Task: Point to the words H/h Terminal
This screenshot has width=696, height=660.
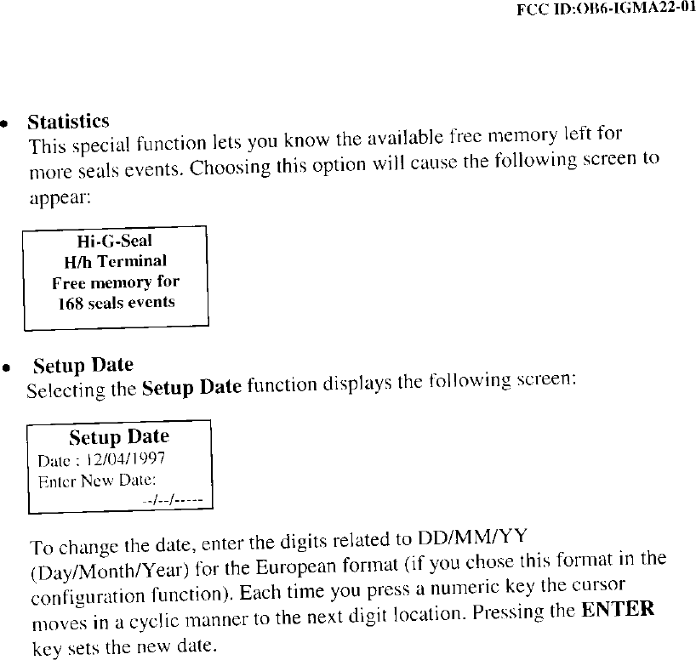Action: tap(116, 261)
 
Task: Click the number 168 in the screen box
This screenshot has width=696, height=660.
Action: tap(69, 303)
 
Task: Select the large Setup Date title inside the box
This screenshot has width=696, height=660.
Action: tap(119, 437)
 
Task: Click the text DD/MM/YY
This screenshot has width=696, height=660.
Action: tap(471, 538)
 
